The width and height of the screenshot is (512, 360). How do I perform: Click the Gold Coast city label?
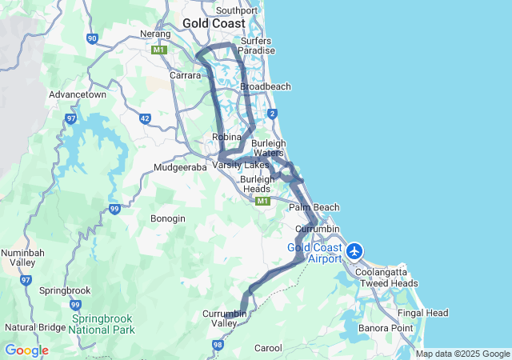tap(214, 23)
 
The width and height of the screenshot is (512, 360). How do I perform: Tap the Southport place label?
tap(237, 10)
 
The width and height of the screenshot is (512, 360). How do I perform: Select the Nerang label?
tap(155, 34)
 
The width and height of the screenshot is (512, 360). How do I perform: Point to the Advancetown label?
tap(78, 94)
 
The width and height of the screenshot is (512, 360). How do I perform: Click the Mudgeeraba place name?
tap(181, 168)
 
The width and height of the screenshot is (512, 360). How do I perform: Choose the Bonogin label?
tap(168, 218)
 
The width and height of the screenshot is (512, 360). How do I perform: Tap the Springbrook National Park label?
tap(103, 323)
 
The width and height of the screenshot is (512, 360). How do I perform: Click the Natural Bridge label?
tap(35, 327)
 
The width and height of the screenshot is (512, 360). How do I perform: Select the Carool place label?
tap(268, 348)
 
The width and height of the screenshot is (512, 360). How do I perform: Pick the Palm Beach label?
tap(314, 207)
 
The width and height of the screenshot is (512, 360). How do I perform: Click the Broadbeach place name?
tap(265, 86)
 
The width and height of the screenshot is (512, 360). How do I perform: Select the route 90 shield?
tap(93, 38)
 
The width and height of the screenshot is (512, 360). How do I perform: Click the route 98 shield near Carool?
tap(217, 345)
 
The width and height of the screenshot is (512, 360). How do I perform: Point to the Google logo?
tap(26, 350)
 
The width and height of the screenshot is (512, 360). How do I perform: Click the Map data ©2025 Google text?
tap(462, 354)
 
